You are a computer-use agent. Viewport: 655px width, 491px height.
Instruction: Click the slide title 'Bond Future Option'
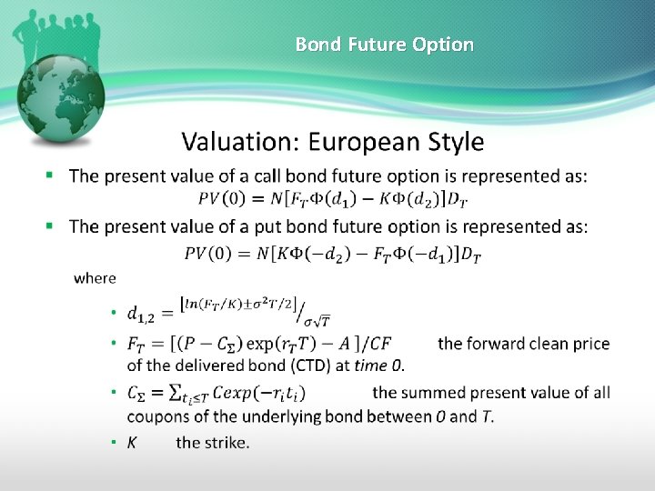point(384,44)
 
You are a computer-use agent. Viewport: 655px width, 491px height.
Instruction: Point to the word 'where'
point(95,277)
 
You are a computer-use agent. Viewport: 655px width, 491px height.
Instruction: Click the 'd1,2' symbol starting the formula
point(141,315)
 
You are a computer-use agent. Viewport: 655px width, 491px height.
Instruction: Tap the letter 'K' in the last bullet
point(132,443)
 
